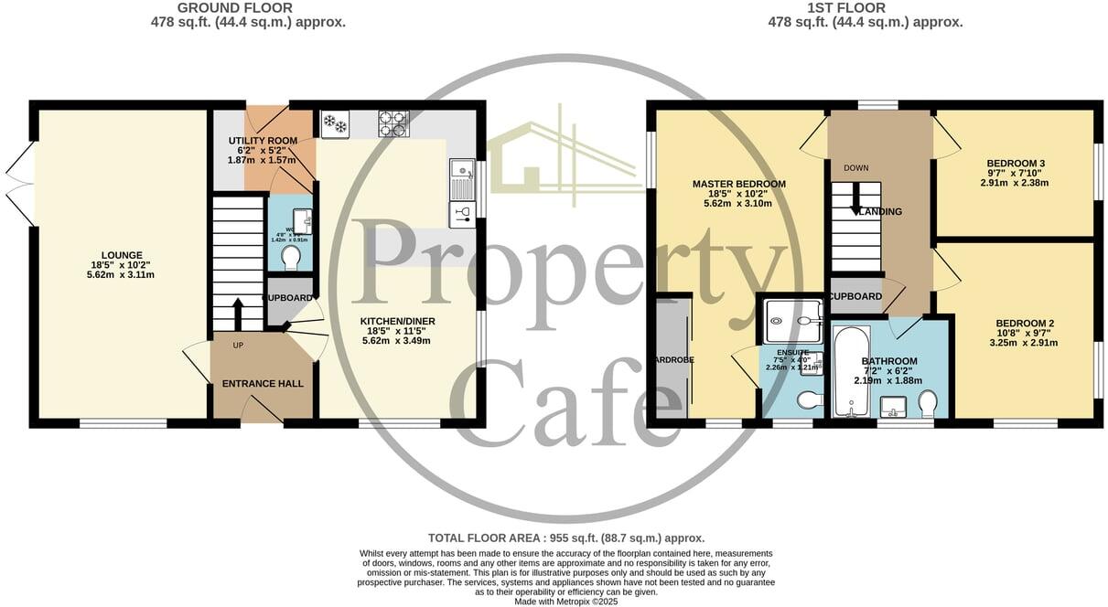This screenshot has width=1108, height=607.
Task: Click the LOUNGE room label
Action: [122, 255]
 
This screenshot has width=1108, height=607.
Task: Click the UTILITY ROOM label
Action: [263, 141]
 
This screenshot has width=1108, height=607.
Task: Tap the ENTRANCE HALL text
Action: [263, 383]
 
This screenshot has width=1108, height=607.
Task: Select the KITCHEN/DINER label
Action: [397, 321]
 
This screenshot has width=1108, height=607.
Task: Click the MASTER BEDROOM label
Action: [738, 184]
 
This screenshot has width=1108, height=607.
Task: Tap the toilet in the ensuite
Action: [810, 399]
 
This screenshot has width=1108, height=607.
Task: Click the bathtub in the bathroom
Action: [851, 370]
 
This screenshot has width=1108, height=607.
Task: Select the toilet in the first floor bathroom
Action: [928, 402]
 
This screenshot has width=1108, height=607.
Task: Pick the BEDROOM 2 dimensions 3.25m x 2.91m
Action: [1026, 343]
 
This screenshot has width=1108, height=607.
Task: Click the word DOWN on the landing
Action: [856, 168]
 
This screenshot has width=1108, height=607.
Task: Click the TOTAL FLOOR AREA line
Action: [566, 538]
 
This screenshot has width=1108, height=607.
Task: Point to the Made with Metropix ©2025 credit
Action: [566, 601]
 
